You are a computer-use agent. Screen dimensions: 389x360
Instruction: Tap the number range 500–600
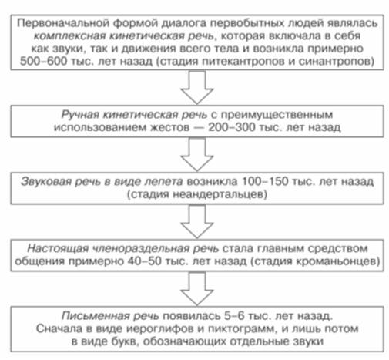(x=43, y=62)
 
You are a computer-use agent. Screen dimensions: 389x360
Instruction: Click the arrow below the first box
(x=197, y=87)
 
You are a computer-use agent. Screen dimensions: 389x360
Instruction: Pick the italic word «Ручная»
(x=80, y=115)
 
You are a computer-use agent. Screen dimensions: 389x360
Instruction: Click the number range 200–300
(x=232, y=127)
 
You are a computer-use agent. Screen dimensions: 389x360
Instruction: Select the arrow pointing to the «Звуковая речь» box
(x=197, y=154)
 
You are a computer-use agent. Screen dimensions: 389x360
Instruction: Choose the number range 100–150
(x=265, y=181)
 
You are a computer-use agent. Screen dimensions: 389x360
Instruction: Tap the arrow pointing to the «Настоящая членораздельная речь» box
(x=197, y=221)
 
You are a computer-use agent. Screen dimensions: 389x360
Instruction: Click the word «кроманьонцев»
(x=335, y=261)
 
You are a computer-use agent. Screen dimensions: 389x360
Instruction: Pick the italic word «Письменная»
(x=96, y=316)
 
